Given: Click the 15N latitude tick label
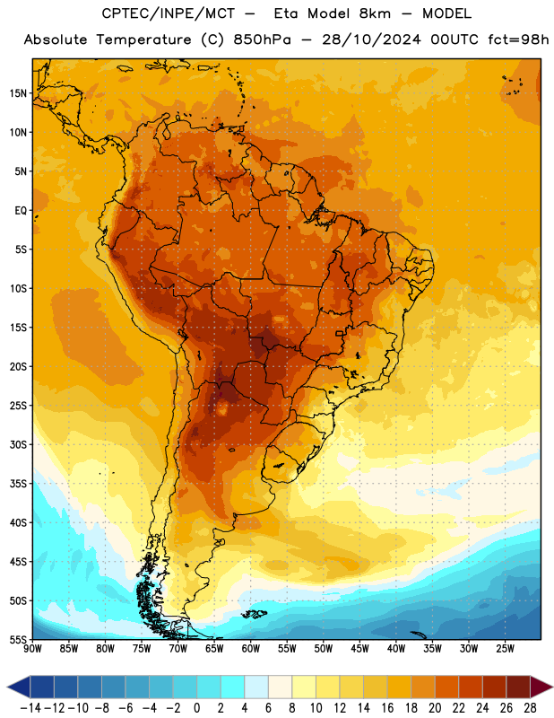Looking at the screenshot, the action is coord(18,93).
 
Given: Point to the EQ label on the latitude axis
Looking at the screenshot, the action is coord(21,211).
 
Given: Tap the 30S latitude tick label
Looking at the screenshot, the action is coord(18,444).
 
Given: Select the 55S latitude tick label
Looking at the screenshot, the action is coord(18,640).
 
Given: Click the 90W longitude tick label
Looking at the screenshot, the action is coord(32,649).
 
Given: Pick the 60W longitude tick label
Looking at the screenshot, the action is coord(251,649).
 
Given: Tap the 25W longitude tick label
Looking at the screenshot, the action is coord(505,649).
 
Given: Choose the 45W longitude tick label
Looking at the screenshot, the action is coord(359,649).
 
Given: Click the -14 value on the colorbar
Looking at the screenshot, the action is coord(30,708).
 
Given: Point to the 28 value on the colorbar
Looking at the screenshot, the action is coord(530,708).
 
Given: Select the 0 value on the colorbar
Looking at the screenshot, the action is coord(196,708).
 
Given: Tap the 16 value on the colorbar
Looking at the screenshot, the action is coord(387,708).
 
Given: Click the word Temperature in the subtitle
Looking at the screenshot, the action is coord(143,39).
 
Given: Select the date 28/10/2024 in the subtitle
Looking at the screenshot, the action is coord(371,39).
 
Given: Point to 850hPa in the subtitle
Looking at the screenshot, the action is coord(262,39).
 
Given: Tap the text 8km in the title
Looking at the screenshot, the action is coord(375,13).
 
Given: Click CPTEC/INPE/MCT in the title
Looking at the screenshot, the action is coord(169,13).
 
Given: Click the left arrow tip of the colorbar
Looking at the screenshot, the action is coord(7,687).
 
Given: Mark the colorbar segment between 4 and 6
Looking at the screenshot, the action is coord(256,687).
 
